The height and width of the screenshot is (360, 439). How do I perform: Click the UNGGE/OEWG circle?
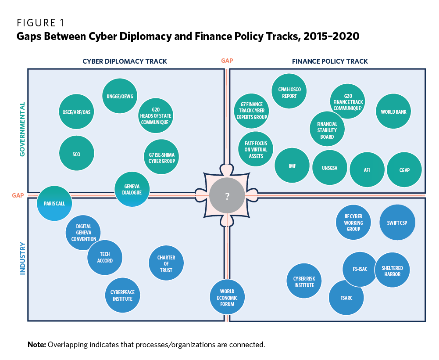120,97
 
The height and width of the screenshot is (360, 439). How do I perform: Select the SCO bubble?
76,154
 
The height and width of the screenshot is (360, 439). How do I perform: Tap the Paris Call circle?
54,203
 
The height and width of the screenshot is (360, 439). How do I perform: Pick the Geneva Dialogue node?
132,189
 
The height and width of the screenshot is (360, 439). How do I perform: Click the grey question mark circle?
227,196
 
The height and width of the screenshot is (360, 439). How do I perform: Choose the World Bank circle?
393,112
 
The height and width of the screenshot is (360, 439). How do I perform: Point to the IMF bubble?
292,166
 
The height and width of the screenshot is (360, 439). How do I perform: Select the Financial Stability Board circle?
327,130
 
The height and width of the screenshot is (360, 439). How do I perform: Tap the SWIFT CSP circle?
397,223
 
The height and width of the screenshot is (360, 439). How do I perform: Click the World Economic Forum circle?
227,298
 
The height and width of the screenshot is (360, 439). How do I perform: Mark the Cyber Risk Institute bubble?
304,281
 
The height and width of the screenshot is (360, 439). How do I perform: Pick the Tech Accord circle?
105,257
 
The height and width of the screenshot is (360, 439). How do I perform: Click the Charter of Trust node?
166,264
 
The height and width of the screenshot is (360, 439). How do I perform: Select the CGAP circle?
404,170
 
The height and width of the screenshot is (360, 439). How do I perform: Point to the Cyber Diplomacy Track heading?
125,61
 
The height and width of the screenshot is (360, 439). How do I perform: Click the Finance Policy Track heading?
330,61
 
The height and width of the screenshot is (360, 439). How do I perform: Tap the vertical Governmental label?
22,130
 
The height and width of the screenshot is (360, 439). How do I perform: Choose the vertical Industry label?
22,259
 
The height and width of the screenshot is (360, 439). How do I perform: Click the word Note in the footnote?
36,344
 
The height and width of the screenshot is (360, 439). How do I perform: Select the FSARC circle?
346,297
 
